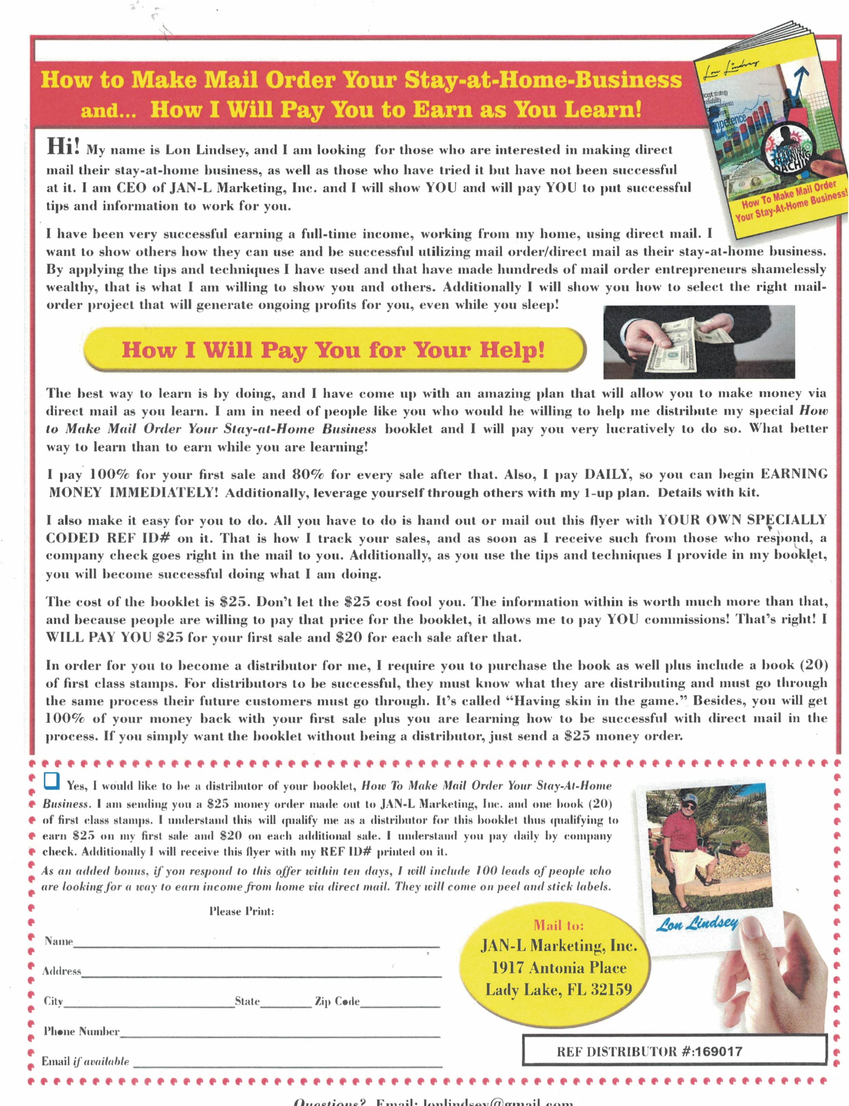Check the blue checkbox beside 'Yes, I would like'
pos(52,781)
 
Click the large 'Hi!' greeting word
pos(63,147)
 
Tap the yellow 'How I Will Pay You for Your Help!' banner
pos(334,350)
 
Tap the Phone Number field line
pos(280,1035)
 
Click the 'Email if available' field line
pos(287,1065)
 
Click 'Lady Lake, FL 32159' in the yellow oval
pos(559,989)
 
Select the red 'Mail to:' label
pos(559,925)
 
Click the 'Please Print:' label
pos(241,911)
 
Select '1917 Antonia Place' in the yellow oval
pos(559,968)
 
